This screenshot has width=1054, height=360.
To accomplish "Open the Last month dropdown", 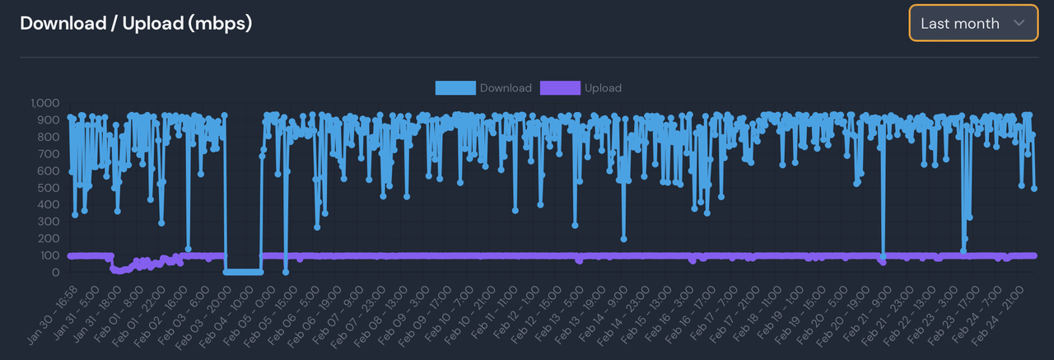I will pyautogui.click(x=972, y=23).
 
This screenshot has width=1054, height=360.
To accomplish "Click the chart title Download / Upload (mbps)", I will pyautogui.click(x=136, y=23).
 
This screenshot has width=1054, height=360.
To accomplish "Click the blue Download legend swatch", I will pyautogui.click(x=455, y=88).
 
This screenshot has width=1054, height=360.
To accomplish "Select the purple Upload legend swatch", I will pyautogui.click(x=560, y=88).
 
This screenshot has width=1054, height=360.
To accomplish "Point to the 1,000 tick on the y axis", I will pyautogui.click(x=45, y=103).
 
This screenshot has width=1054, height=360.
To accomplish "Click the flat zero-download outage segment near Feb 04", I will pyautogui.click(x=243, y=271).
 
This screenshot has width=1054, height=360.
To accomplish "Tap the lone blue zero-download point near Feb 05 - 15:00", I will pyautogui.click(x=286, y=272).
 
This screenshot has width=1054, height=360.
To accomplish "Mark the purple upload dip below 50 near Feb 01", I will pyautogui.click(x=120, y=269).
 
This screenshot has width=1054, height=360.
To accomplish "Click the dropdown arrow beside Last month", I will pyautogui.click(x=1019, y=23).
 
